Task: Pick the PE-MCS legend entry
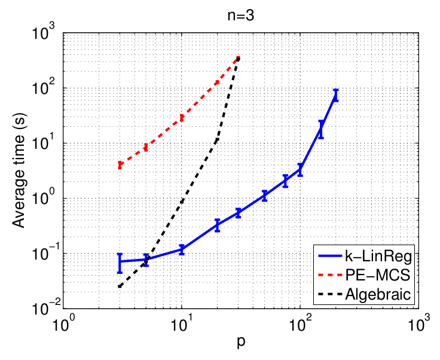tap(377, 277)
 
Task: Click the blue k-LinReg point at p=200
tap(335, 95)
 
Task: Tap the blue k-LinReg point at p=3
tap(120, 262)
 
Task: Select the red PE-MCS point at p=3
tap(120, 164)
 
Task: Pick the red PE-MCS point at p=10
tap(181, 117)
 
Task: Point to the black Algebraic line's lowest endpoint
tap(120, 287)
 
